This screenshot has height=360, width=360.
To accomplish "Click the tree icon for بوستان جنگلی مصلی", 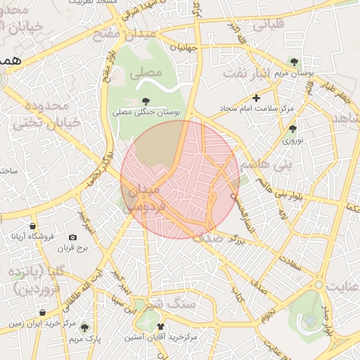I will coord(146,101).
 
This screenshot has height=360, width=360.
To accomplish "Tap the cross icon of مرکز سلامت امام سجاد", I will coord(257,98).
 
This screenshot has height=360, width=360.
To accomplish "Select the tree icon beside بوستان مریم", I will coord(294,63).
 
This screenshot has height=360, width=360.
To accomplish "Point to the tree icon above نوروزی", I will coord(292,129).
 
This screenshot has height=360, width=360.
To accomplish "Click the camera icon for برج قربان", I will coord(73,238).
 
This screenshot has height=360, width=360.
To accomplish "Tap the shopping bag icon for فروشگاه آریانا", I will coord(33,226).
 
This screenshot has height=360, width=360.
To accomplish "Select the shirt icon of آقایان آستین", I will coord(161,327).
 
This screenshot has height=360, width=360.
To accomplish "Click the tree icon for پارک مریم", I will coord(84,328).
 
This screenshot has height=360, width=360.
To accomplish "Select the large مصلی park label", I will coord(148,72).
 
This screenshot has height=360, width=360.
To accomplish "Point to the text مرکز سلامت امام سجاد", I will coord(285,110).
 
